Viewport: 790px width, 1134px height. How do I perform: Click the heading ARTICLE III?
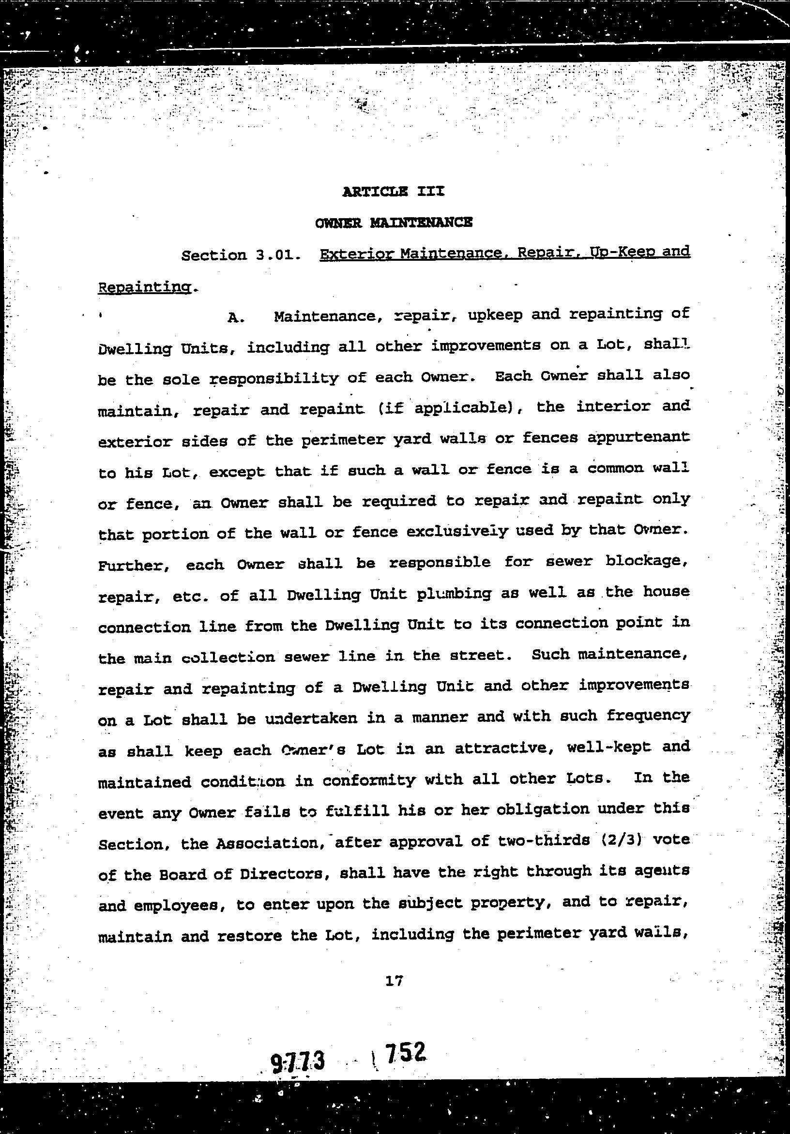coord(393,191)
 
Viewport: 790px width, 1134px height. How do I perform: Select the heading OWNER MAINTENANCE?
coord(394,223)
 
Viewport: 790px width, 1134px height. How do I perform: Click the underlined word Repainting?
coord(145,287)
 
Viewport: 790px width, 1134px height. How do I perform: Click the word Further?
coord(135,565)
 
